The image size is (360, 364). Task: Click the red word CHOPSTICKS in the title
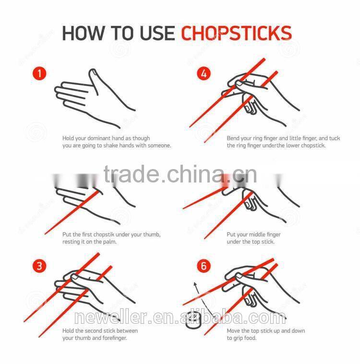pyautogui.click(x=236, y=34)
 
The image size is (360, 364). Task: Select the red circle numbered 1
pyautogui.click(x=39, y=73)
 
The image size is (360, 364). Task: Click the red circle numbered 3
pyautogui.click(x=39, y=266)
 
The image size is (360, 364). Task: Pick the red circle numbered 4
pyautogui.click(x=204, y=73)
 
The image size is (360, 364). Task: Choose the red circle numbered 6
pyautogui.click(x=204, y=266)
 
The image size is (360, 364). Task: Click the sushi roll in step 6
pyautogui.click(x=193, y=320)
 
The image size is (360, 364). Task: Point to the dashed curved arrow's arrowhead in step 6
pyautogui.click(x=195, y=284)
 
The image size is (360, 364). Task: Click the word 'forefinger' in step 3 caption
pyautogui.click(x=116, y=338)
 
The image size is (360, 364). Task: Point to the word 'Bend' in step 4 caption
pyautogui.click(x=233, y=138)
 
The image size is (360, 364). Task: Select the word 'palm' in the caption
pyautogui.click(x=110, y=242)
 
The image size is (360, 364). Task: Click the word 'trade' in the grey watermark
pyautogui.click(x=131, y=175)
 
